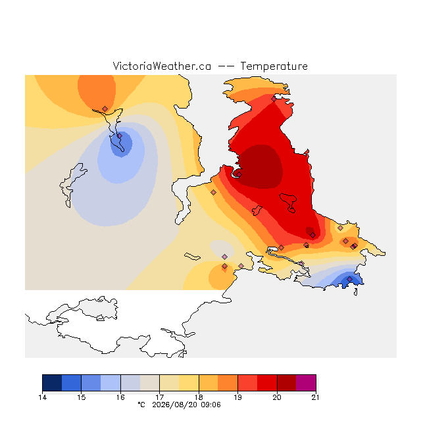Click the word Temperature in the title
point(274,66)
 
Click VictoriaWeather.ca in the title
point(162,66)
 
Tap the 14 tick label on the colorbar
point(42,397)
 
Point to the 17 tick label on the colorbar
point(159,397)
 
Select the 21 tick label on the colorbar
point(316,397)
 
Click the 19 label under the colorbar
point(237,397)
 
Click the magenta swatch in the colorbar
point(306,383)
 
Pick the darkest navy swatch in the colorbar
point(52,383)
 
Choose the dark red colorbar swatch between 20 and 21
point(287,383)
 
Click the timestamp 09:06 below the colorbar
point(210,405)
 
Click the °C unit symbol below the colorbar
point(141,405)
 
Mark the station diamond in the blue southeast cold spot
point(349,279)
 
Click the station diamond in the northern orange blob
point(105,109)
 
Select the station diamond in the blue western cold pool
point(120,136)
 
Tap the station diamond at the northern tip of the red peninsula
point(274,99)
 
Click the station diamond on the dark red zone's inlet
point(239,174)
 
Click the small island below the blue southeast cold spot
point(356,292)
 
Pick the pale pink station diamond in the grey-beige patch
point(225,257)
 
